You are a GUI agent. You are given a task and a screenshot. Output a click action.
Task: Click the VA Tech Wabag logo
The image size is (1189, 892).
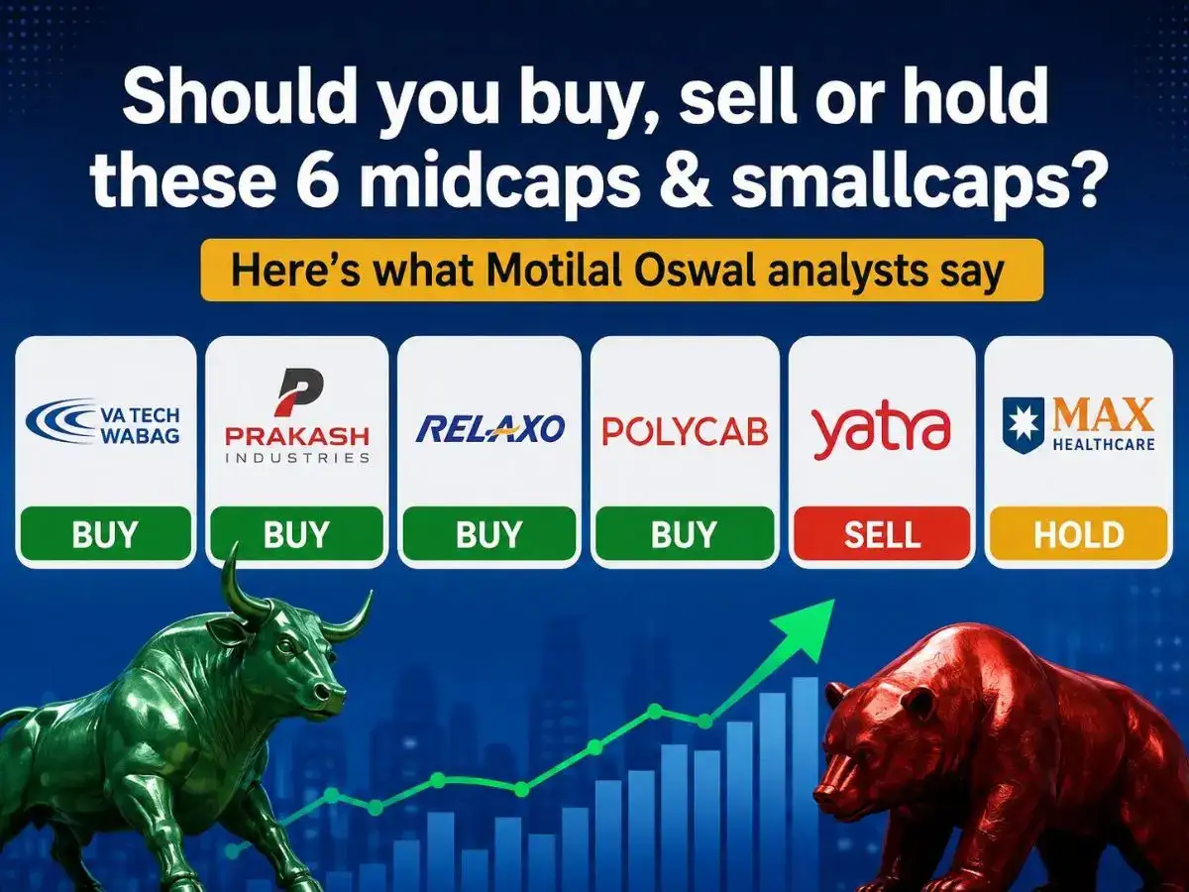[x=103, y=422]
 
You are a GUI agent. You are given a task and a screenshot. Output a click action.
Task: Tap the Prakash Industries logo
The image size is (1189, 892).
[x=297, y=415]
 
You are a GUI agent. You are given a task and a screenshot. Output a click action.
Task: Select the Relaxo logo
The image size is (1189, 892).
[x=489, y=428]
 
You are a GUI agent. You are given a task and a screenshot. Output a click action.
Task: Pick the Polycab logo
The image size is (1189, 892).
[x=685, y=432]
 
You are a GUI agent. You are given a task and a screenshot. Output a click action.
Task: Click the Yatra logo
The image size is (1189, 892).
[x=881, y=429]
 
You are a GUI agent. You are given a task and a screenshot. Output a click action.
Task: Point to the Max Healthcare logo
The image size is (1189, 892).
[x=1078, y=424]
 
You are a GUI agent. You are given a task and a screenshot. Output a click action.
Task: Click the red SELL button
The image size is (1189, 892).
[x=881, y=534]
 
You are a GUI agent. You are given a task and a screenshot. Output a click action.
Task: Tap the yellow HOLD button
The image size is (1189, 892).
[x=1078, y=534]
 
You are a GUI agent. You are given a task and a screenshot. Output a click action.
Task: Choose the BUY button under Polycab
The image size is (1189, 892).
[x=685, y=534]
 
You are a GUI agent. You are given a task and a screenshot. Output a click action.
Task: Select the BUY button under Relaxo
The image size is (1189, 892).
[x=489, y=534]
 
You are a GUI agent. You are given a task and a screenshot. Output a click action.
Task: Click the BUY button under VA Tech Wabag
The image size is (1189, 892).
[x=106, y=534]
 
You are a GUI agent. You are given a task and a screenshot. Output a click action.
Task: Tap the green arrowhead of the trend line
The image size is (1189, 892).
[x=808, y=627]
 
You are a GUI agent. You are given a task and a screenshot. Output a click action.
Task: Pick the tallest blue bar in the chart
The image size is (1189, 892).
[x=805, y=769]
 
